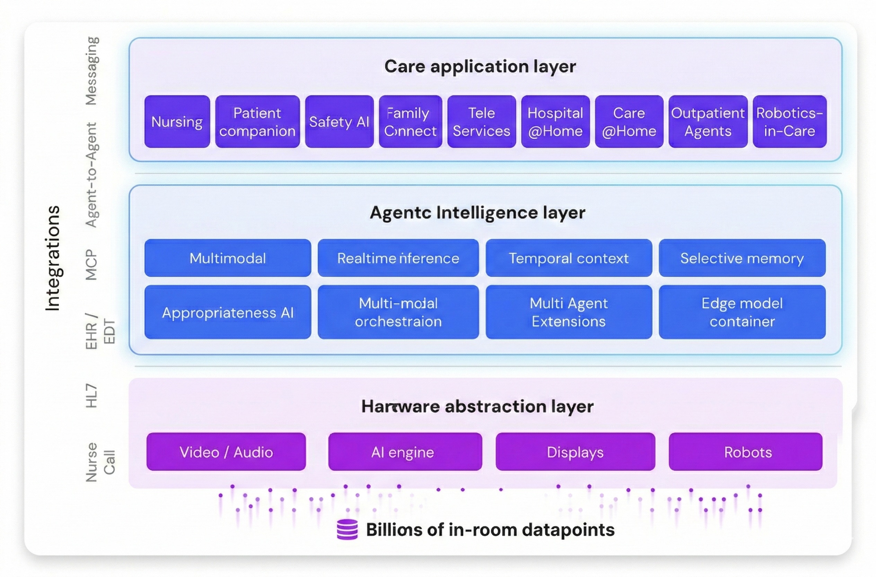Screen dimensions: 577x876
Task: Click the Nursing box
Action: coord(177,121)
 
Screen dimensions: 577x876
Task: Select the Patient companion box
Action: coord(257,121)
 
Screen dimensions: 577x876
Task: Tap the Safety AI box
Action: coord(339,121)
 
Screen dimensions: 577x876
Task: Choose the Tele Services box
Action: coord(481,121)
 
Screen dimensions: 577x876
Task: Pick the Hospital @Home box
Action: coord(555,121)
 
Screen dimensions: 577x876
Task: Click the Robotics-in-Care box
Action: coord(789,121)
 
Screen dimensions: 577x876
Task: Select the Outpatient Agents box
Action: coord(708,121)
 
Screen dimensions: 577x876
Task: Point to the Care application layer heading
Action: coord(480,67)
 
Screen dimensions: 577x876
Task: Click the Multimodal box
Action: coord(227,258)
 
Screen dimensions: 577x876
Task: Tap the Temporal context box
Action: coord(568,258)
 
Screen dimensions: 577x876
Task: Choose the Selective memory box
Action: coord(742,258)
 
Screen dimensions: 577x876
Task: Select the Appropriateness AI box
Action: coord(227,312)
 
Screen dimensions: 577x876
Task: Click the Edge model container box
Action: coord(742,312)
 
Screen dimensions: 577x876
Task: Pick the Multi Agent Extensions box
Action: coord(568,312)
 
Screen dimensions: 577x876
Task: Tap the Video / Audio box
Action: coord(226,451)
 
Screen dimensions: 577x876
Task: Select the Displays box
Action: coord(575,451)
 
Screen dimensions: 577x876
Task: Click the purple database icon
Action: coord(347,529)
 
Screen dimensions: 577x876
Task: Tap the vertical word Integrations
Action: coord(53,258)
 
